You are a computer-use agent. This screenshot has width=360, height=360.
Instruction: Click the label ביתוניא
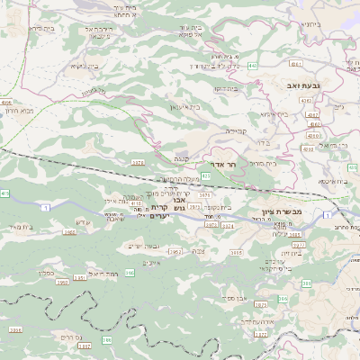pyautogui.click(x=307, y=25)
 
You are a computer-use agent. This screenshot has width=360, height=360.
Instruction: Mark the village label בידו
pyautogui.click(x=262, y=142)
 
